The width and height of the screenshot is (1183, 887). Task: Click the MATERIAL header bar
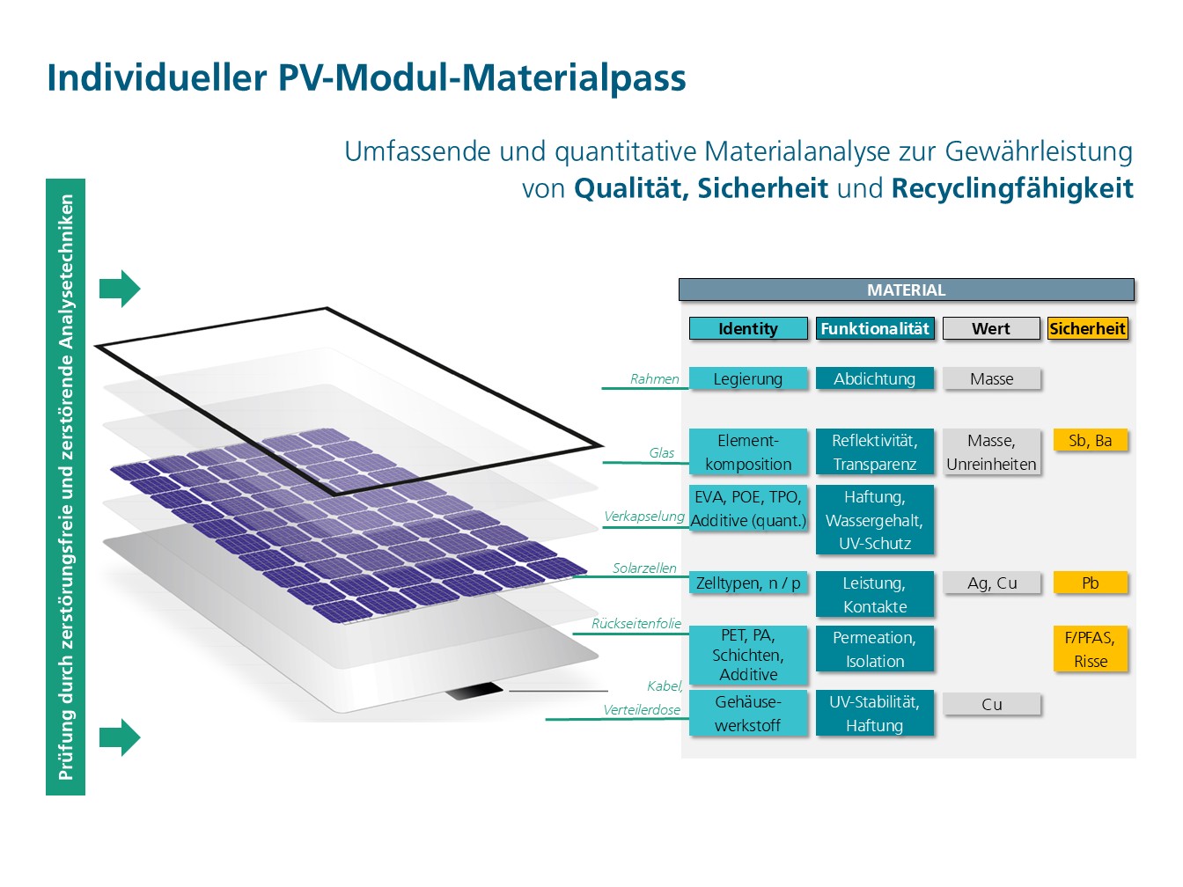pyautogui.click(x=906, y=290)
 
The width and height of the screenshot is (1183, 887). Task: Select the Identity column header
pyautogui.click(x=748, y=328)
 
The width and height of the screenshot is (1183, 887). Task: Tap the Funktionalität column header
pyautogui.click(x=875, y=328)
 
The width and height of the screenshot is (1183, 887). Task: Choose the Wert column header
pyautogui.click(x=991, y=328)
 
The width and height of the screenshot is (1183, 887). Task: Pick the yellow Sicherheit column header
pyautogui.click(x=1088, y=328)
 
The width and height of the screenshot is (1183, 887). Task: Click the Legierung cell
pyautogui.click(x=748, y=378)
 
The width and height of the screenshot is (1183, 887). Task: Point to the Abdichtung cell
pyautogui.click(x=875, y=378)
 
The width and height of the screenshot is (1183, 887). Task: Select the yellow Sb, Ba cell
pyautogui.click(x=1091, y=441)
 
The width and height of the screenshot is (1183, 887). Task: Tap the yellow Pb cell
pyautogui.click(x=1091, y=583)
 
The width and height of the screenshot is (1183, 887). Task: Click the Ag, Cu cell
pyautogui.click(x=992, y=583)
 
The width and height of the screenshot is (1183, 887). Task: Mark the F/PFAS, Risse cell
pyautogui.click(x=1091, y=649)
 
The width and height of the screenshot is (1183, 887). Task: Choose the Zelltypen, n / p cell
pyautogui.click(x=748, y=583)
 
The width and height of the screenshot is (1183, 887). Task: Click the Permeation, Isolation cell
pyautogui.click(x=875, y=649)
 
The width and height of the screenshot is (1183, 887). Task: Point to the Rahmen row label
pyautogui.click(x=654, y=379)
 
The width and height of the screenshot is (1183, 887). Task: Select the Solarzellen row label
pyautogui.click(x=644, y=568)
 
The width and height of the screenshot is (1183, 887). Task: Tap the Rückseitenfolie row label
pyautogui.click(x=636, y=624)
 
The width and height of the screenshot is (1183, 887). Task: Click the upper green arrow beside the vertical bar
pyautogui.click(x=120, y=289)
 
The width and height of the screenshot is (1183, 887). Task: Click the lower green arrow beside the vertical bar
pyautogui.click(x=120, y=737)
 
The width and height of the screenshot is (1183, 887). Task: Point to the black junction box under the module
pyautogui.click(x=474, y=691)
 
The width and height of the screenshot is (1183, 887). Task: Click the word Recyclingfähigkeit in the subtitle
pyautogui.click(x=1012, y=188)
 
